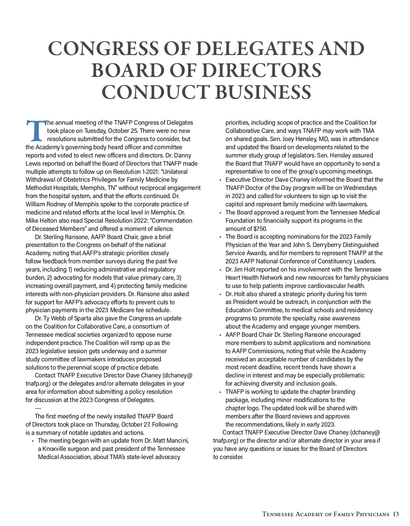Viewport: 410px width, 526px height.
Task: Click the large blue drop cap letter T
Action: click(x=36, y=130)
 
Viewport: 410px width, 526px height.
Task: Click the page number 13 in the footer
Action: click(x=396, y=514)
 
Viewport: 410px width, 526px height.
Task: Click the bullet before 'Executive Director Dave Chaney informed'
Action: click(x=220, y=180)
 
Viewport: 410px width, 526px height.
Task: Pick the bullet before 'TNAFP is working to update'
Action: click(x=220, y=392)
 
